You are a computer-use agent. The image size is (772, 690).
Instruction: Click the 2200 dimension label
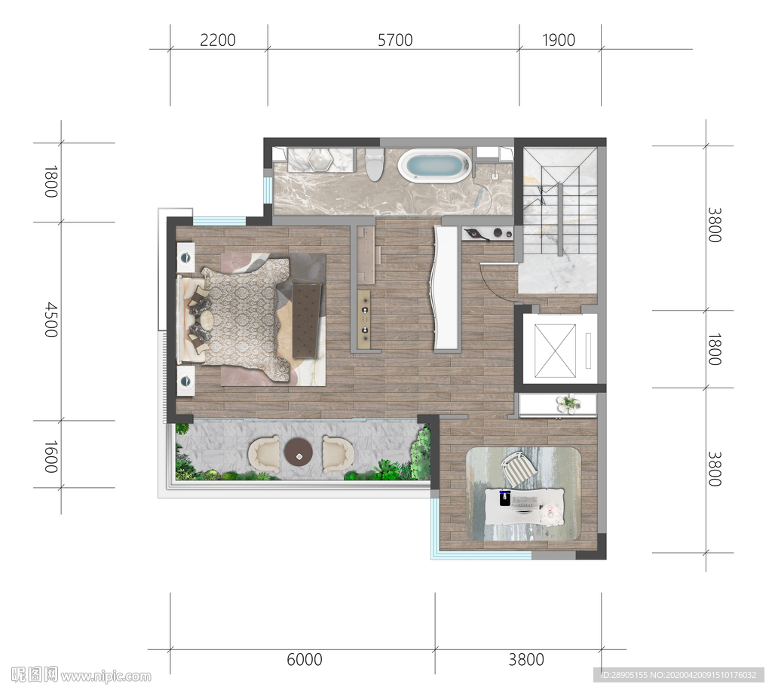click(x=218, y=40)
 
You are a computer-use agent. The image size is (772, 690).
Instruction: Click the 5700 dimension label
click(x=395, y=40)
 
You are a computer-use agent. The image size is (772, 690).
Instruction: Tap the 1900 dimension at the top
click(x=559, y=40)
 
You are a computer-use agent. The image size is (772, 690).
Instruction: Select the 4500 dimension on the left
click(x=51, y=320)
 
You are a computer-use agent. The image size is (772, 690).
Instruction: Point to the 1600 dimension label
click(x=51, y=456)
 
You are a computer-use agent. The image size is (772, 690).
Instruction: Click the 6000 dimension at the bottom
click(x=305, y=660)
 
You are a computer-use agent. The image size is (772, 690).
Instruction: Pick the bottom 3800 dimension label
click(x=526, y=660)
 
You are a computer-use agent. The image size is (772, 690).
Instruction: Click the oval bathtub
click(x=433, y=165)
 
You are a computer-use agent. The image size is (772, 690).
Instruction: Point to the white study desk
click(x=525, y=506)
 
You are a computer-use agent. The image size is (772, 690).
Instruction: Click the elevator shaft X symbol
click(x=555, y=351)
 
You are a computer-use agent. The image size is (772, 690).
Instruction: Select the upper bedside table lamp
click(x=185, y=257)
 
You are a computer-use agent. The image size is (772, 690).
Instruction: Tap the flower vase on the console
click(x=568, y=403)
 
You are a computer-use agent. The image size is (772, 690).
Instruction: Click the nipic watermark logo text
click(x=81, y=675)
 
